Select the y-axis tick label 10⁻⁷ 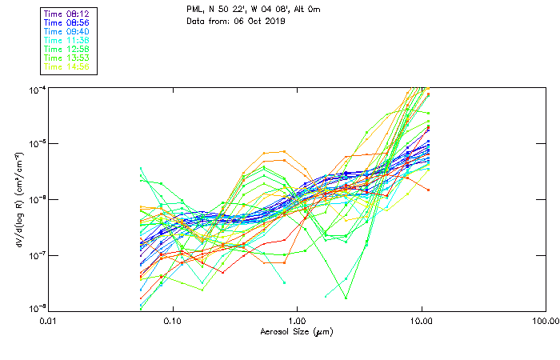click(x=37, y=255)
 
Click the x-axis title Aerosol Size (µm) click(x=297, y=331)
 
